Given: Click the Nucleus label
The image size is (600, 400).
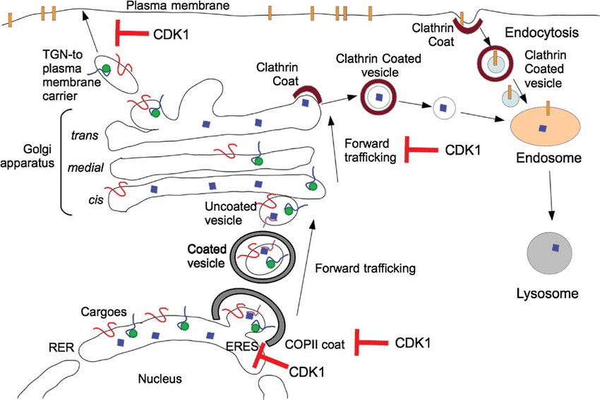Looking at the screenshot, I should (x=160, y=379).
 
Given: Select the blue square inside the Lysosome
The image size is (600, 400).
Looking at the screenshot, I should (x=556, y=247).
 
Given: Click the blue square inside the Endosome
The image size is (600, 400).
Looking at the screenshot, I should (x=541, y=128).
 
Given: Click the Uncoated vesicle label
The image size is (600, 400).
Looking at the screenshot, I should (x=228, y=213).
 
